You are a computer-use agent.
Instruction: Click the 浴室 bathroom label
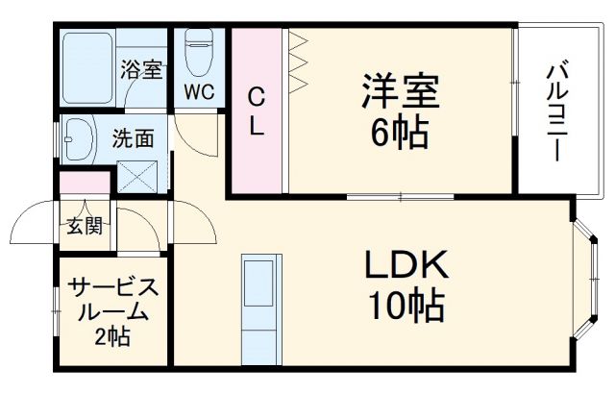click(140, 70)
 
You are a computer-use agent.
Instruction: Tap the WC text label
click(200, 94)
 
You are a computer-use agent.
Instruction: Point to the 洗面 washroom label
click(133, 137)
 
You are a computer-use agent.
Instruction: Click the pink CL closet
click(257, 111)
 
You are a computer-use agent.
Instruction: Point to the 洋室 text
click(400, 93)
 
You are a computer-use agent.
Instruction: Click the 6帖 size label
click(400, 134)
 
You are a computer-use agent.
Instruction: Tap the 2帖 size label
click(112, 336)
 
